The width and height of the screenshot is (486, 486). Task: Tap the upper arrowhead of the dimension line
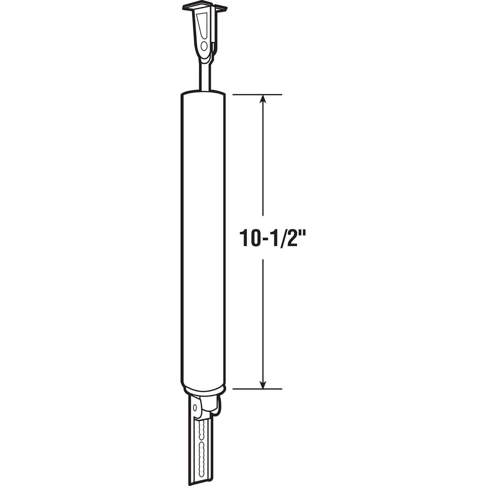coord(263,99)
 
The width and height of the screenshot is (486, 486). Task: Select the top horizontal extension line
coord(257,95)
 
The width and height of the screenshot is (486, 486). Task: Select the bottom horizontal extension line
coord(257,388)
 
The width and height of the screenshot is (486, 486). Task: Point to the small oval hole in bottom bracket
coord(195,408)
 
